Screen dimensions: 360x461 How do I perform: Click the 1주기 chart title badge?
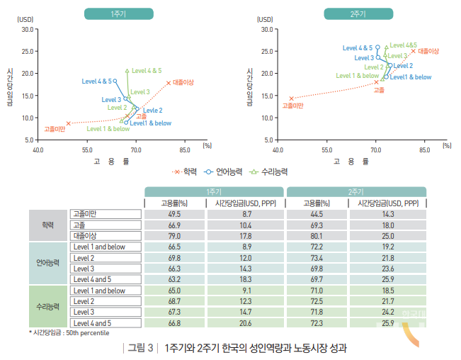(119, 13)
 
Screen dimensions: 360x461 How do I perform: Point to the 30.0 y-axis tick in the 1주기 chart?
(28, 29)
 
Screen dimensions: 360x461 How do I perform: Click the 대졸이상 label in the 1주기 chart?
(183, 82)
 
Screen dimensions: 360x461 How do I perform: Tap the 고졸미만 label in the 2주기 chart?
(292, 106)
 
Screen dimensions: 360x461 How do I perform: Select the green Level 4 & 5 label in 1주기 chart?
(147, 71)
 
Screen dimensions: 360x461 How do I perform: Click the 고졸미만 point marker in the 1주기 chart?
(68, 123)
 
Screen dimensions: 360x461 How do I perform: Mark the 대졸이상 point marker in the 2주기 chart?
(414, 51)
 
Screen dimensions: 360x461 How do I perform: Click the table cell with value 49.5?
(175, 214)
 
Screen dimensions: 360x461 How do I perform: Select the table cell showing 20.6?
(246, 323)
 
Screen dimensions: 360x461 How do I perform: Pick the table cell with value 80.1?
(317, 236)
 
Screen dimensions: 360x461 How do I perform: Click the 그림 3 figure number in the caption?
(140, 348)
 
